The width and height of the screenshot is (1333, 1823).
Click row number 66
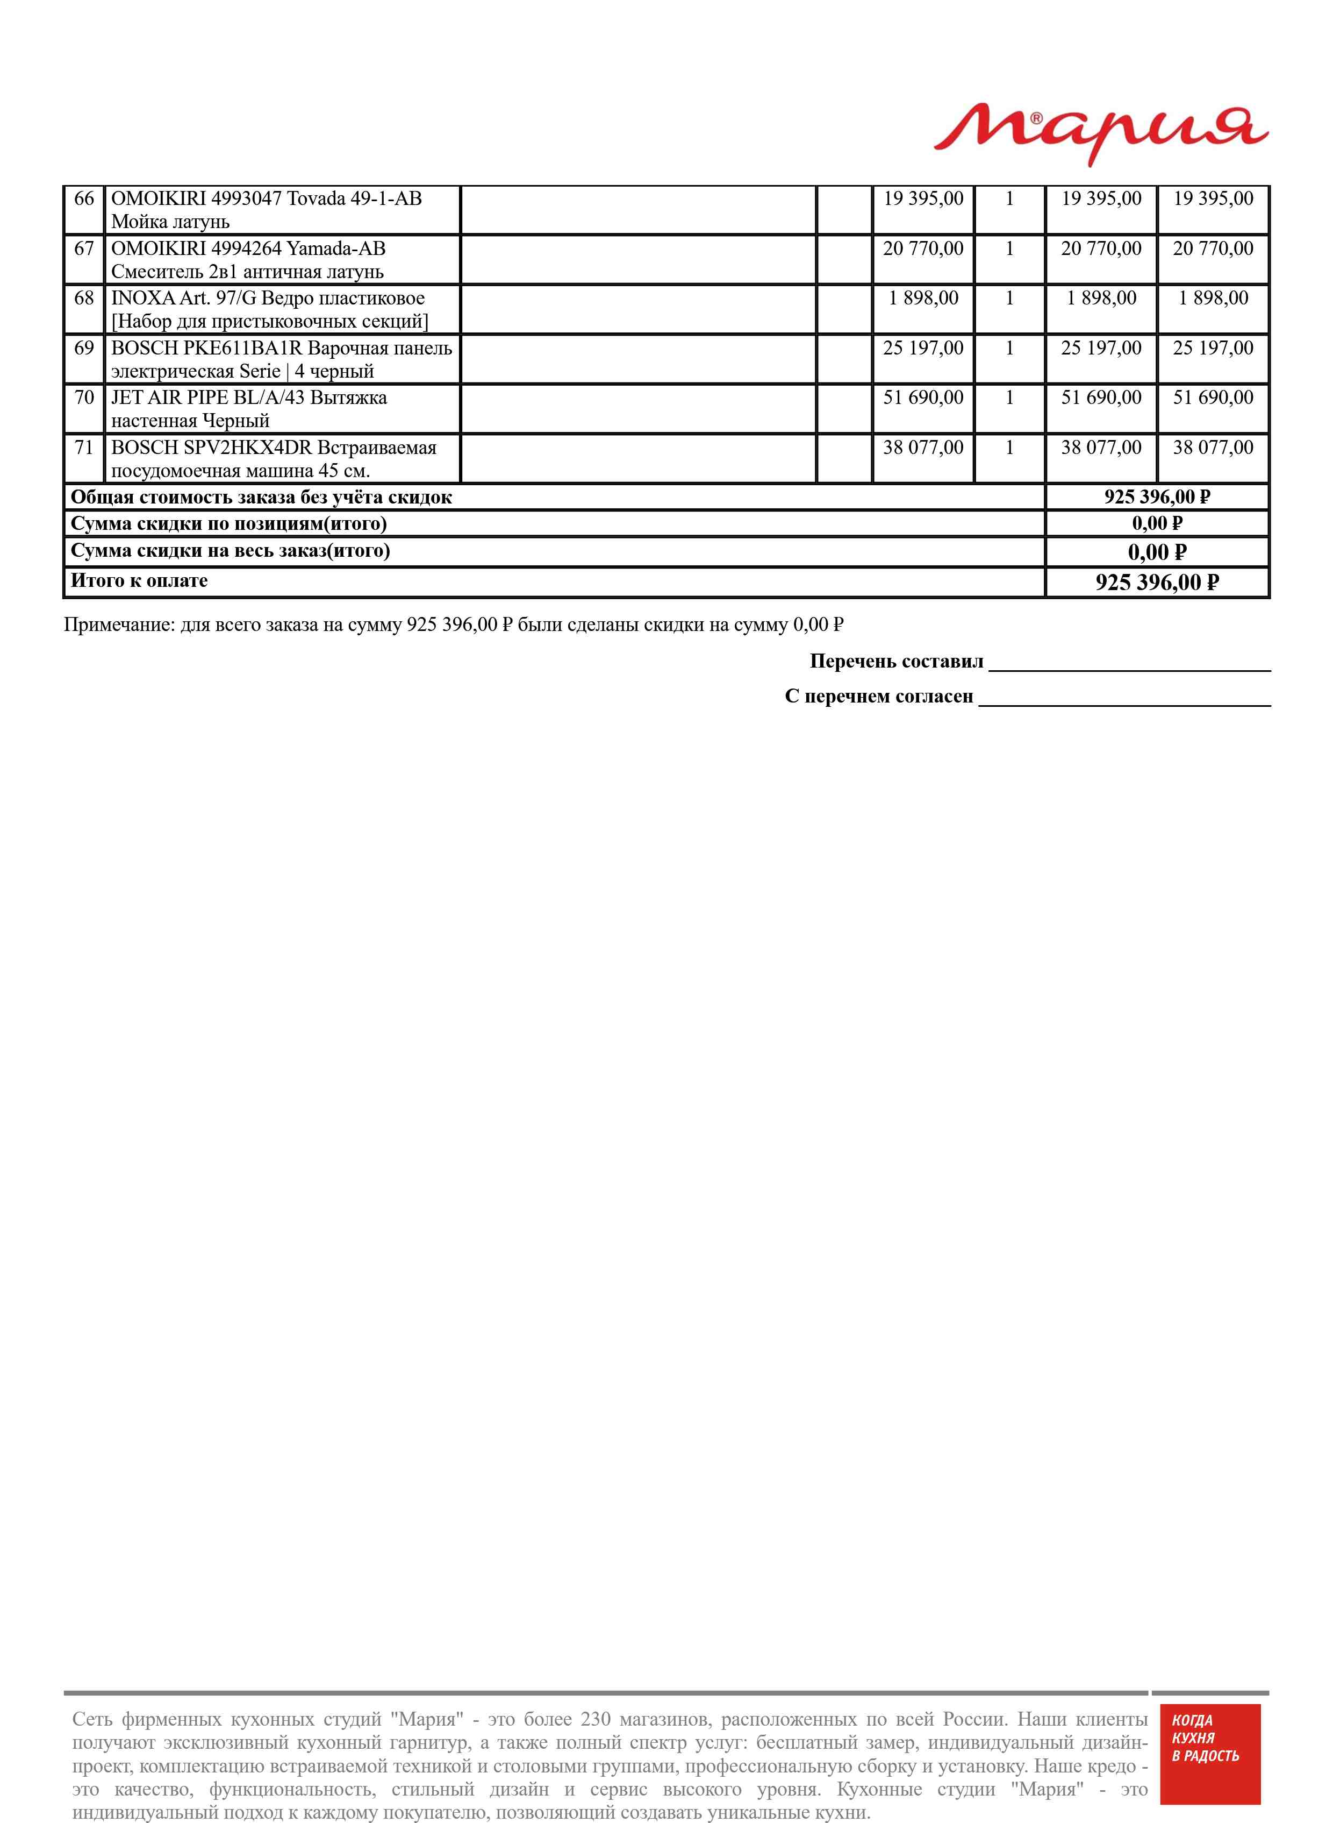click(x=84, y=198)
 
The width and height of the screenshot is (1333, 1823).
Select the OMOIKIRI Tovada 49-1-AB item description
click(x=266, y=209)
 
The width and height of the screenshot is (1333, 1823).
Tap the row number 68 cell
click(x=84, y=298)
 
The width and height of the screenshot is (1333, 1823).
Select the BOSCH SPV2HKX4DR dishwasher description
click(x=274, y=459)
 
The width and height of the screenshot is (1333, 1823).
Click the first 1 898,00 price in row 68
click(x=923, y=298)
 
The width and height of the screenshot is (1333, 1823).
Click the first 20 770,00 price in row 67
click(x=923, y=249)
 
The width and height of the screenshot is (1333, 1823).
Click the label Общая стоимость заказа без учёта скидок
click(x=261, y=498)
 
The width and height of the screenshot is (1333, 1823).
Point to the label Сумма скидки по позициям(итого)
click(x=228, y=524)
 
